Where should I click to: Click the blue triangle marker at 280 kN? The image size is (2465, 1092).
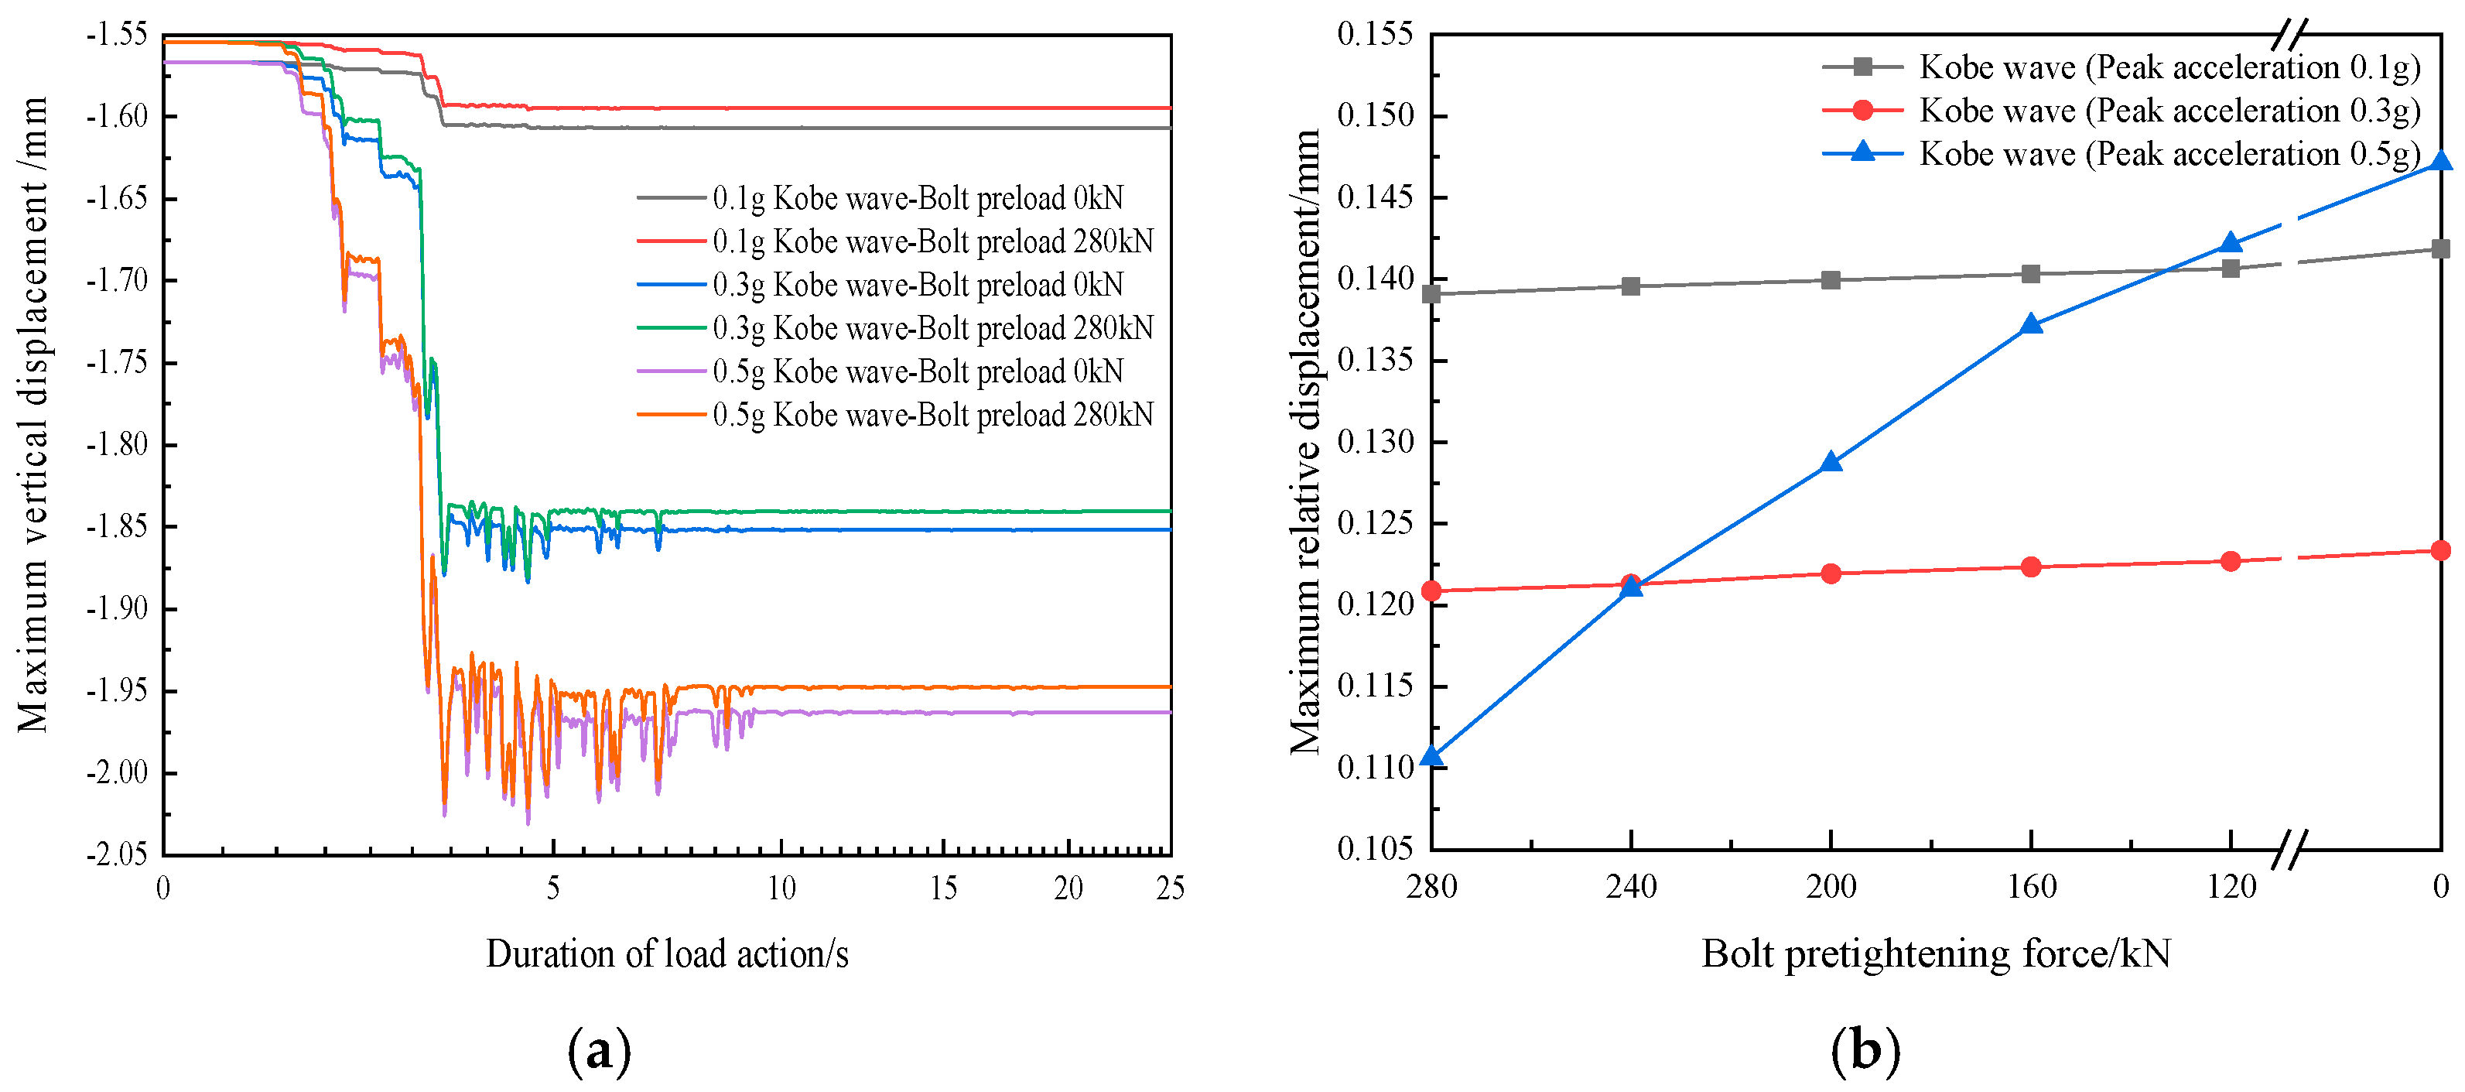point(1431,757)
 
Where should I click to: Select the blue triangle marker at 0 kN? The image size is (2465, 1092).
point(2440,161)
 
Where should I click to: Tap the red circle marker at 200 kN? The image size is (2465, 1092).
point(1831,573)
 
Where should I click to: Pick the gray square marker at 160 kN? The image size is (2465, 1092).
point(2030,274)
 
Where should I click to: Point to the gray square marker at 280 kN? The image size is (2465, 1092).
point(1431,294)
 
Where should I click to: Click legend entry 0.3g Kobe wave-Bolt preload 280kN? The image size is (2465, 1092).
point(932,328)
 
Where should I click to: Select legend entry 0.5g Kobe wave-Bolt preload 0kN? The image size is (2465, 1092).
point(917,371)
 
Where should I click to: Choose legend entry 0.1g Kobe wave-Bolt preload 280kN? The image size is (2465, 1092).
point(932,241)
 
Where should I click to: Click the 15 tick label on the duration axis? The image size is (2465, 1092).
point(942,888)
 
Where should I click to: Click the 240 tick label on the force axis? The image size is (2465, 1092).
point(1631,886)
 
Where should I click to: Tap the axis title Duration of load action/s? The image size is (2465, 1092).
point(667,954)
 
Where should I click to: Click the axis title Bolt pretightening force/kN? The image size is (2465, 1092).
point(1935,954)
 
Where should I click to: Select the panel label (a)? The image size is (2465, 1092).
point(599,1052)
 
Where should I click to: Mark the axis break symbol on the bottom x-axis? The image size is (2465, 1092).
point(2289,849)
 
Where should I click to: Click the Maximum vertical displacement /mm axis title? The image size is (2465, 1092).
point(32,413)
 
